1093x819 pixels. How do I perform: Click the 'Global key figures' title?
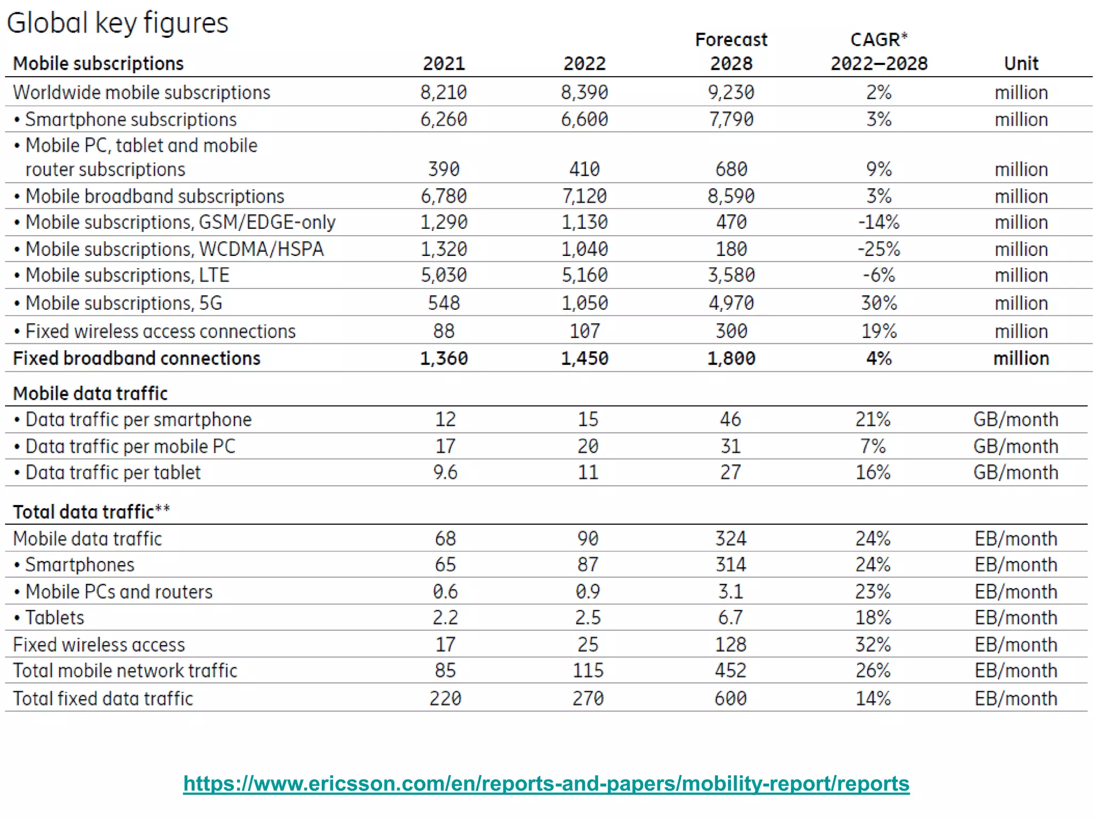pos(117,23)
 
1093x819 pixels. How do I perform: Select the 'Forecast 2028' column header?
pos(731,52)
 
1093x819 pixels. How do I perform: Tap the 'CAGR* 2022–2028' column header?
pos(878,52)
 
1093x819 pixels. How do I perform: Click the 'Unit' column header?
pos(1020,63)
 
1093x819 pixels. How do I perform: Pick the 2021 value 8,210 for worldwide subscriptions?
pos(443,92)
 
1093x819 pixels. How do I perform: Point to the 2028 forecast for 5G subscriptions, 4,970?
pos(731,303)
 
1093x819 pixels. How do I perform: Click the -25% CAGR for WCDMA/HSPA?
pos(878,249)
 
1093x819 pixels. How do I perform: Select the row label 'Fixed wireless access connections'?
pos(160,331)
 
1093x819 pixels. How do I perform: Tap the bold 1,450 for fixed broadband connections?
pos(584,358)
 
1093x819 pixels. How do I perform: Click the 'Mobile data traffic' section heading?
pos(90,394)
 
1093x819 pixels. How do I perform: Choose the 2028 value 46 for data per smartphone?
pos(730,419)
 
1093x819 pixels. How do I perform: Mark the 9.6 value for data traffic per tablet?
pos(445,472)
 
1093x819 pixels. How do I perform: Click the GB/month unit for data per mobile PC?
pos(1015,446)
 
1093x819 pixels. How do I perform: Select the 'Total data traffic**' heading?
pos(91,512)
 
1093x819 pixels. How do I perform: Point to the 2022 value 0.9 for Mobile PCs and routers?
pos(587,591)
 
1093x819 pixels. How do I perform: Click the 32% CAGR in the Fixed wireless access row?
pos(873,645)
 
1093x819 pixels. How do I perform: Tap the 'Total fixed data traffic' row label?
pos(102,698)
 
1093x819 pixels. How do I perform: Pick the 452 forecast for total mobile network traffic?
pos(730,671)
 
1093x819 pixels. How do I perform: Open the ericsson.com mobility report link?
pos(546,783)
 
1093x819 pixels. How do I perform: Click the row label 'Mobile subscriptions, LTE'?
pos(127,275)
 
